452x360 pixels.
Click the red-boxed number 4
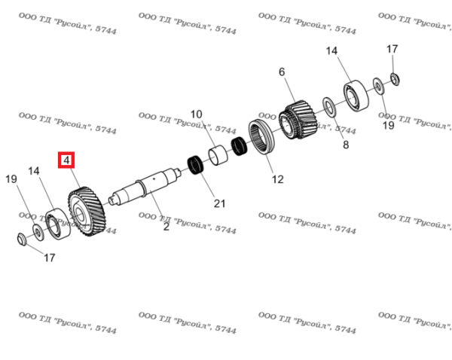click(x=67, y=160)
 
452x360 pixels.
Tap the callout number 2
click(x=166, y=226)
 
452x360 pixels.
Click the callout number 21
click(x=219, y=203)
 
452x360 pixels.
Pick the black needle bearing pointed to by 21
click(x=197, y=164)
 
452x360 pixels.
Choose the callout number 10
click(x=196, y=114)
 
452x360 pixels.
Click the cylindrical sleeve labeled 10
click(x=219, y=154)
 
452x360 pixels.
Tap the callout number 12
click(x=277, y=179)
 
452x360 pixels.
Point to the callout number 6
click(x=282, y=72)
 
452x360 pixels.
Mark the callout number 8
click(x=346, y=145)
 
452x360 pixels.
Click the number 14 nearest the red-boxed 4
click(x=33, y=172)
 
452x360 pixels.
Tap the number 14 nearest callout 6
click(x=332, y=50)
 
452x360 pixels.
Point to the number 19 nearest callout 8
click(x=388, y=126)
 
